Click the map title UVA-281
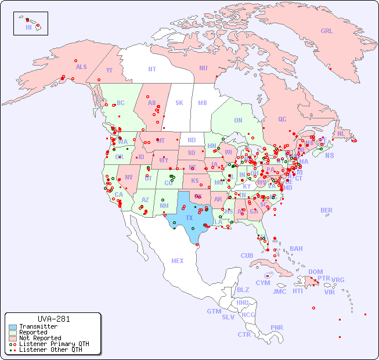coord(54,319)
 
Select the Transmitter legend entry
coord(38,327)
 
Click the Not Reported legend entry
coord(39,338)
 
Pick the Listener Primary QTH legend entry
coord(53,344)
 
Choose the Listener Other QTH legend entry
coord(50,350)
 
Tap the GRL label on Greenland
coord(327,31)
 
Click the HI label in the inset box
coord(28,27)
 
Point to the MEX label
coord(177,261)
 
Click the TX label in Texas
coord(189,218)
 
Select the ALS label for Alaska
coord(81,67)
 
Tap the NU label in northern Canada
coord(203,68)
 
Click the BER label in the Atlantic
coord(326,210)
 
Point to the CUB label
coord(247,255)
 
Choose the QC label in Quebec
coord(282,119)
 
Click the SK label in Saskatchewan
coord(179,103)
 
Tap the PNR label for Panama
coord(277,327)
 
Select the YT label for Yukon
coord(109,70)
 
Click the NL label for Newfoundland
coord(341,133)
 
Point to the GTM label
coord(214,311)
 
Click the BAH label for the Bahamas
coord(296,249)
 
